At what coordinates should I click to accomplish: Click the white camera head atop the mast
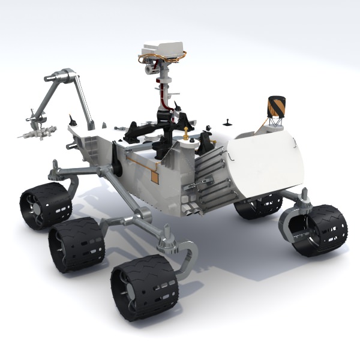[163, 49]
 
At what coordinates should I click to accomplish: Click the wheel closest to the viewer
[144, 286]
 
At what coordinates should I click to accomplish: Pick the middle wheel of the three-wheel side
[77, 244]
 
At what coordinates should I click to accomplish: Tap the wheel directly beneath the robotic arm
[46, 206]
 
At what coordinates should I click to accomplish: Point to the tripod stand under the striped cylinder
[274, 123]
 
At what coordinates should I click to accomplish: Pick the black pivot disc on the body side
[116, 166]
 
